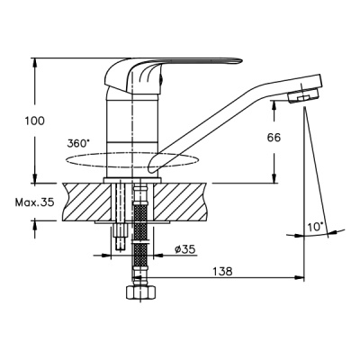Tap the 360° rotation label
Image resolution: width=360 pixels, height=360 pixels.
79,143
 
